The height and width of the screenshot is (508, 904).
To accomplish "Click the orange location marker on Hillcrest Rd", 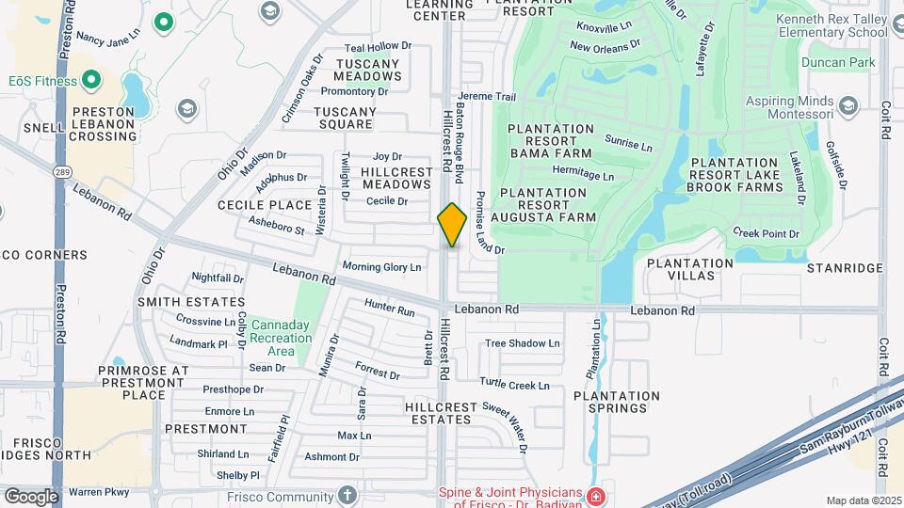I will (452, 225).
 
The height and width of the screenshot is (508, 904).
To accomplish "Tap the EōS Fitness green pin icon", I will (91, 81).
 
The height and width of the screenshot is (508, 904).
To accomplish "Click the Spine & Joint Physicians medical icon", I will (594, 496).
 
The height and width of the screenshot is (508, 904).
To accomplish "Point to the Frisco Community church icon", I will (347, 496).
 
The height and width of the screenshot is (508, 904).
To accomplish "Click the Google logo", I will (31, 496).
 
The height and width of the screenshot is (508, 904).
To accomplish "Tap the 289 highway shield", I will (61, 173).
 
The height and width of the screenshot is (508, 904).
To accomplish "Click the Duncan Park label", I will (838, 63).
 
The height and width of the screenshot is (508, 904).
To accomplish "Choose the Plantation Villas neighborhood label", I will (689, 270).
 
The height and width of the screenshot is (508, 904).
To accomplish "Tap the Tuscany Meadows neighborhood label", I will (368, 70).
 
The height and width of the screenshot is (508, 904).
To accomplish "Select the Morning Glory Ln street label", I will (381, 267).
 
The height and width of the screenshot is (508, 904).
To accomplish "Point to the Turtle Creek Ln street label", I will (514, 384).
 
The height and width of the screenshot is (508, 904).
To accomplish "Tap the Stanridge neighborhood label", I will (845, 268).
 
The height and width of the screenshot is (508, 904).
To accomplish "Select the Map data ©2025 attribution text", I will (862, 500).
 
